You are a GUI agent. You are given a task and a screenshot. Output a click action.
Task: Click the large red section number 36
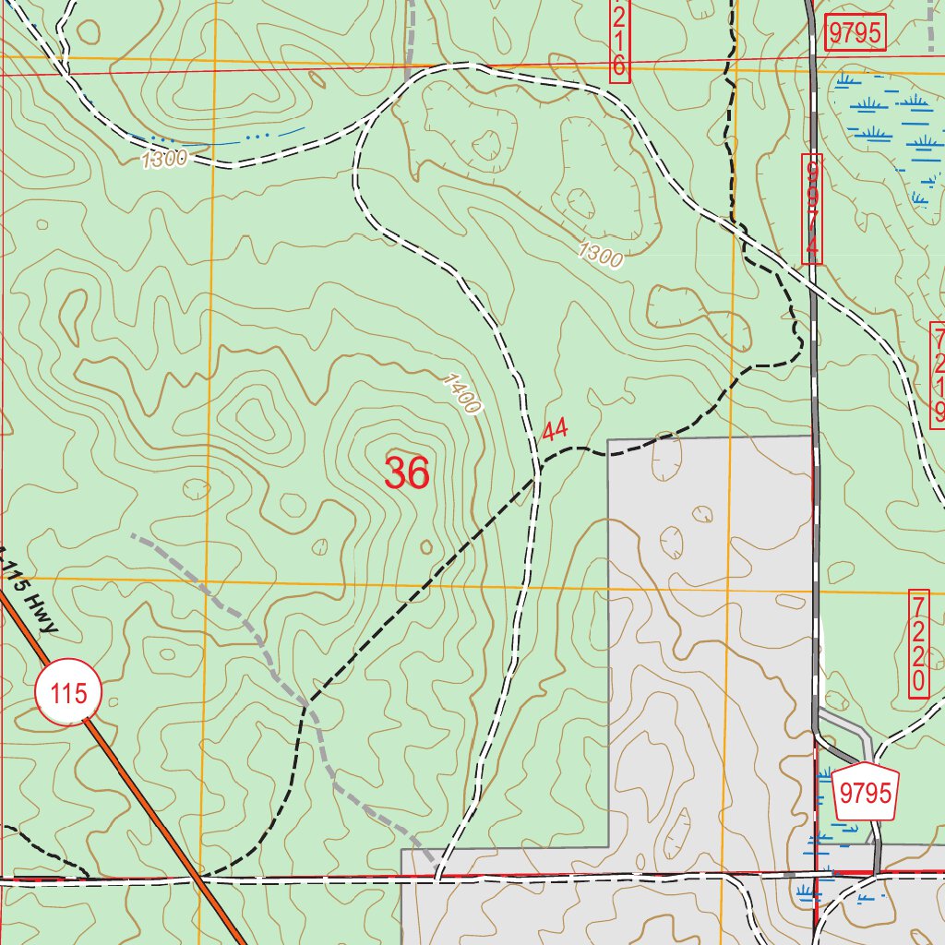coord(407,473)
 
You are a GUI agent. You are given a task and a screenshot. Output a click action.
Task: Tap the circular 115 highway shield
coord(68,693)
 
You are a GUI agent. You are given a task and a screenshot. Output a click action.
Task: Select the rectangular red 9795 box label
coord(855,33)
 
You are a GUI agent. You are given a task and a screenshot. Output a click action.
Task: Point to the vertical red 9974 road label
coord(811,209)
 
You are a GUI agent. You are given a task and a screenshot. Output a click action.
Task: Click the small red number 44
coord(555,429)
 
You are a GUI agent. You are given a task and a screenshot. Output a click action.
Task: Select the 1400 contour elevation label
coord(461,393)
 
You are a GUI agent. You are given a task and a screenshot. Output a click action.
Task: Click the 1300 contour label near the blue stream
coord(164,160)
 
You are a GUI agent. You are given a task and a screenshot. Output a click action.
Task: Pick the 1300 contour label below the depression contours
coord(601,254)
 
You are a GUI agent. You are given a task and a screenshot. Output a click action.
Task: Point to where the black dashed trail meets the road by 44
coord(538,476)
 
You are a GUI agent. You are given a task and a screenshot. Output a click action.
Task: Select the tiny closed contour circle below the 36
coord(426,547)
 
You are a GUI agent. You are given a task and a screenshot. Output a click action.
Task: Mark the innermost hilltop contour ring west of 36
coord(259,420)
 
